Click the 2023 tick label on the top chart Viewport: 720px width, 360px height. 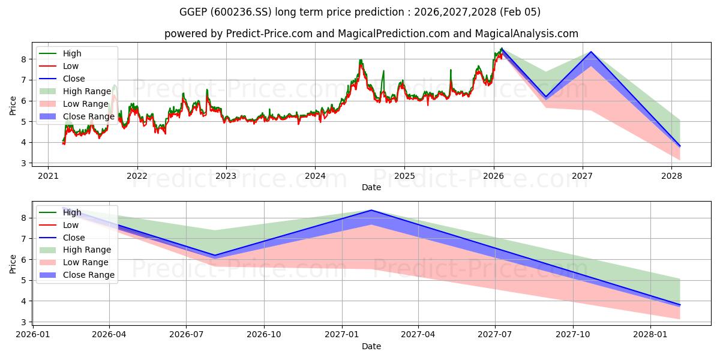[226, 176]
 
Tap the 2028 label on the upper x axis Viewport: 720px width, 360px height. [671, 176]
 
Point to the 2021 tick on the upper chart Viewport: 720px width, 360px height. [48, 176]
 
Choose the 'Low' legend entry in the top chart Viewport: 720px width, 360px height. [71, 66]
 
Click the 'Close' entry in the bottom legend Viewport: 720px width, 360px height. [74, 238]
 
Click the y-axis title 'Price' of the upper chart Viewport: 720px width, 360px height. [13, 106]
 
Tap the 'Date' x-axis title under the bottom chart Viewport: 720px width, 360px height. [371, 346]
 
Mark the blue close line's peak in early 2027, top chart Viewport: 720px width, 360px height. [592, 52]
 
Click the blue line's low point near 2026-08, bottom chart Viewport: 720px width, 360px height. [215, 256]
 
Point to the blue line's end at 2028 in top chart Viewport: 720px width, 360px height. [680, 146]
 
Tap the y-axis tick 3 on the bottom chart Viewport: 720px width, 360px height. [25, 322]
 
